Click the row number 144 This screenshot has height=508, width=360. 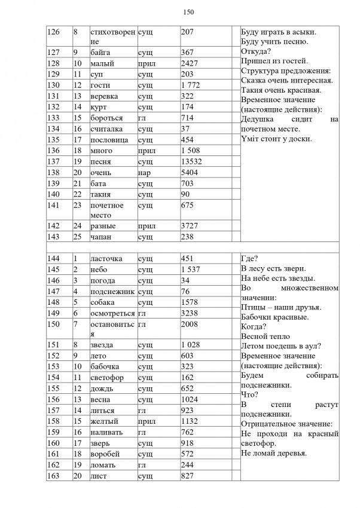pyautogui.click(x=54, y=259)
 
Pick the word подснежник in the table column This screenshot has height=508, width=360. pyautogui.click(x=112, y=291)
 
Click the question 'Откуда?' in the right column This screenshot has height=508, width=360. pyautogui.click(x=256, y=52)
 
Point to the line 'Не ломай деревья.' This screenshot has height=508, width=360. pyautogui.click(x=274, y=453)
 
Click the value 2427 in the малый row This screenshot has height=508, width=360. pyautogui.click(x=189, y=63)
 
